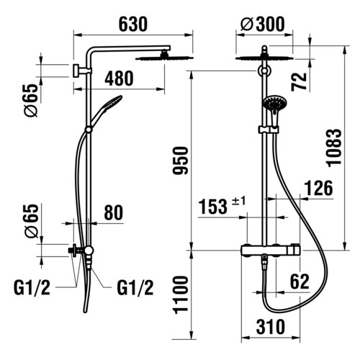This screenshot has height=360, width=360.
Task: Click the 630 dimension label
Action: pos(133,24)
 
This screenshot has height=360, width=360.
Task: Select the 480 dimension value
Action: pos(119,78)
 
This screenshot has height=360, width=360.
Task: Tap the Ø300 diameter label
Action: pos(263,24)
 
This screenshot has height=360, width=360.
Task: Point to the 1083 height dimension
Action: pos(334,148)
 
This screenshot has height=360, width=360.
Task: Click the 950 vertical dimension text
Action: pos(181,160)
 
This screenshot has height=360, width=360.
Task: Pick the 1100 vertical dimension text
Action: pos(181,295)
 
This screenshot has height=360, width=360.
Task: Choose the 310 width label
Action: pos(271,327)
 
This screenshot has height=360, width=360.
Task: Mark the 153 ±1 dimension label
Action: pos(222,206)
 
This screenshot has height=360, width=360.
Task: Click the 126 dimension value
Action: pos(318,189)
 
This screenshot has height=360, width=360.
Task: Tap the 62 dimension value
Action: pos(300,282)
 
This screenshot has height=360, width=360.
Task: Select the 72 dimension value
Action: pos(300,81)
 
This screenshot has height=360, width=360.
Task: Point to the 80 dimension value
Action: pos(113,212)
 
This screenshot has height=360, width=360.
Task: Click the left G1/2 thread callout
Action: pos(32,288)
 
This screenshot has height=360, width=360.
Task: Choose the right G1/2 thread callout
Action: pos(135,288)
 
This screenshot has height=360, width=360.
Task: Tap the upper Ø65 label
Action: pos(32,100)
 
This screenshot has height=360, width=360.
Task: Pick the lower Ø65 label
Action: pos(32,221)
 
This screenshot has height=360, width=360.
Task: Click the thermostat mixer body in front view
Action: pos(271,251)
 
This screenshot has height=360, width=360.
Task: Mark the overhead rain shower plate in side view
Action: pos(165,58)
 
